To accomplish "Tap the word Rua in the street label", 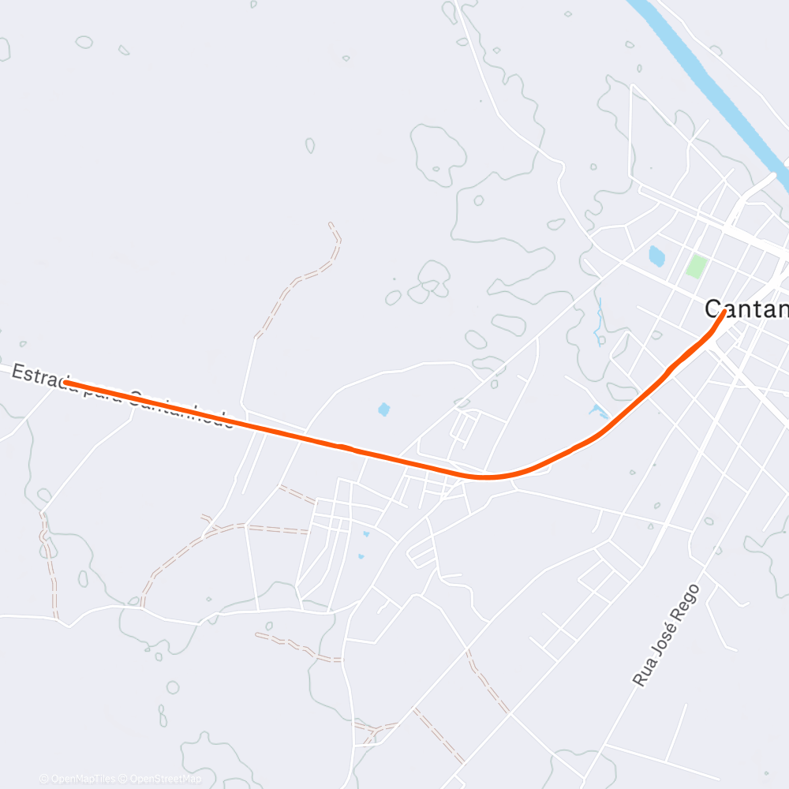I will point(645,673).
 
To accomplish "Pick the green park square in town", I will point(696,265).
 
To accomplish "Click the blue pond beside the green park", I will point(656,255).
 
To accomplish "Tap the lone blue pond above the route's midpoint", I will point(383,409).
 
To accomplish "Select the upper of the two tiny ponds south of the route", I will point(365,535).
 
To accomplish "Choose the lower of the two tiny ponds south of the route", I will point(361,556).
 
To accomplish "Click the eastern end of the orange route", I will point(724,312).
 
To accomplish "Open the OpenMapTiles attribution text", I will point(80,779).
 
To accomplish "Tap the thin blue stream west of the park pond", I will point(600,320).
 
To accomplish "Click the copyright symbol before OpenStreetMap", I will point(122,779).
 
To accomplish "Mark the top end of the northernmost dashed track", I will point(331,225).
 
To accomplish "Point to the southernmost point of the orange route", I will point(485,477).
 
